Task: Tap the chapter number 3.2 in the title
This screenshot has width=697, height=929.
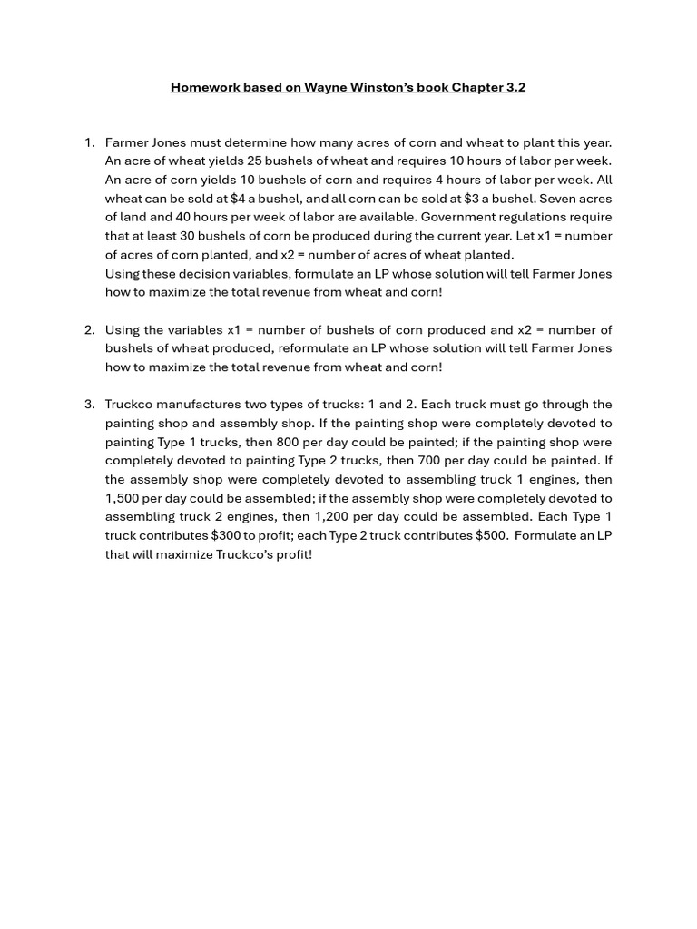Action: coord(515,88)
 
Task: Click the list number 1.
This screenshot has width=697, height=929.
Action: coord(89,142)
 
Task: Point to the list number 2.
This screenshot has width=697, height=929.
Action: coord(89,330)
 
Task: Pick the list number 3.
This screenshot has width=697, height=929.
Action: coord(89,405)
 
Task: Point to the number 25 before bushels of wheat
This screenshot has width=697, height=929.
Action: coord(256,161)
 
